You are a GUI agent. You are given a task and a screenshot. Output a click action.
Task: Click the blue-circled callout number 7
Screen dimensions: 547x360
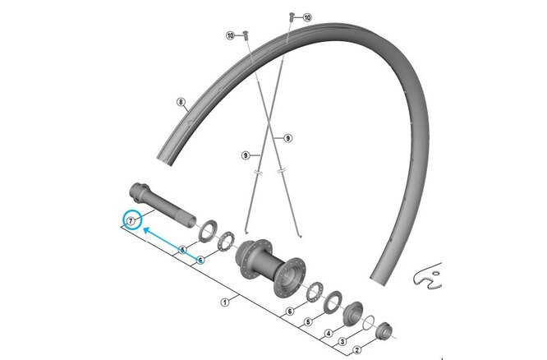tap(131, 221)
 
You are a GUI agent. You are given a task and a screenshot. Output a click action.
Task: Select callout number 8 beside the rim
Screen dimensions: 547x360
tap(181, 102)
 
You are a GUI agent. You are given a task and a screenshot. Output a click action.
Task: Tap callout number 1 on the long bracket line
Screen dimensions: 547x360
tap(225, 302)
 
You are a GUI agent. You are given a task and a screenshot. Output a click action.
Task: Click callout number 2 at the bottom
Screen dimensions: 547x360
tap(356, 350)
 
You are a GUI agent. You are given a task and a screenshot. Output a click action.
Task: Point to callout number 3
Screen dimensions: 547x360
tap(342, 341)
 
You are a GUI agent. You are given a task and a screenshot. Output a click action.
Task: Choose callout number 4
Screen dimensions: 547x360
tap(329, 334)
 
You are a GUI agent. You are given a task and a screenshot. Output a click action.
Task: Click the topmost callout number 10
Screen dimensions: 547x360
tap(307, 17)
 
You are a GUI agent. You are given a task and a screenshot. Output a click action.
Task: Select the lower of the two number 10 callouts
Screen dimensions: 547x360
tap(230, 35)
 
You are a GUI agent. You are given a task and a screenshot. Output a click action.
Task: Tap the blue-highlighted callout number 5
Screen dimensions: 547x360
tap(182, 250)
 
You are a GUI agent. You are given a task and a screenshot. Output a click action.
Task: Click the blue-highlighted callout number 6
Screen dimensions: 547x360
tap(200, 260)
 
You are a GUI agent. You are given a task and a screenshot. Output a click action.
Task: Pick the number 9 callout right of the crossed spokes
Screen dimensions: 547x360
tap(287, 139)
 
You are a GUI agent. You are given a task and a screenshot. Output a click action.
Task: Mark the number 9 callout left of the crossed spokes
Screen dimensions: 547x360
tap(246, 155)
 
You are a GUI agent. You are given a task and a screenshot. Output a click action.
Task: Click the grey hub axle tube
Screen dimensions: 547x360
tap(163, 205)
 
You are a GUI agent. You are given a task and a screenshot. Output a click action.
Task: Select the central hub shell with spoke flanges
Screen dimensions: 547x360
tap(270, 267)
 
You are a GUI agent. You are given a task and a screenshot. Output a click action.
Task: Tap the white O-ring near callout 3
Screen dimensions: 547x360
tap(369, 322)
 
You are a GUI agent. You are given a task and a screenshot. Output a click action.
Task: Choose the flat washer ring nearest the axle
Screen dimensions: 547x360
tap(208, 230)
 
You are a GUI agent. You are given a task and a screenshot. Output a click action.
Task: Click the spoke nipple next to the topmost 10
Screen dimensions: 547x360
tap(292, 16)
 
